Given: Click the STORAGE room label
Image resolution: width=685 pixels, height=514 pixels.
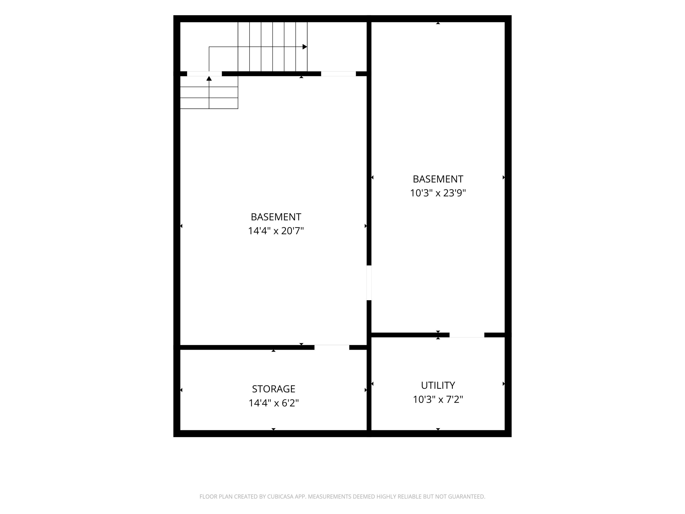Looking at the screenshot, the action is [274, 389].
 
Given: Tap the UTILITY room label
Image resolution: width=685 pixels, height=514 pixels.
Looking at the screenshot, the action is [438, 385].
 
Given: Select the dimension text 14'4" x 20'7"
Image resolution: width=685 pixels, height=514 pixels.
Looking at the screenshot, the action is [276, 231].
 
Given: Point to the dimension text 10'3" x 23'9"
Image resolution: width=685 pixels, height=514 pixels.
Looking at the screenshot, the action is [438, 193].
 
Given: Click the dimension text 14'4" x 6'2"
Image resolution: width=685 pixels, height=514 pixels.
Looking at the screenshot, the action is [274, 403].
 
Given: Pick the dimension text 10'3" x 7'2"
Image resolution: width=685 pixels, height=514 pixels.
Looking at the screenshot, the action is [438, 399].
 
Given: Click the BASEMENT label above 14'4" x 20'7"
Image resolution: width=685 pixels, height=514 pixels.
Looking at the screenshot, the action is [276, 217].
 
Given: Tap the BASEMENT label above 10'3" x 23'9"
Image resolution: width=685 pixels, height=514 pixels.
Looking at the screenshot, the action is [438, 179].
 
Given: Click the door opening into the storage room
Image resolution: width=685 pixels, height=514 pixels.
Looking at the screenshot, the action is [332, 347].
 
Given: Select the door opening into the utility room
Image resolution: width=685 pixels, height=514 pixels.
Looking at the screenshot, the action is [467, 335].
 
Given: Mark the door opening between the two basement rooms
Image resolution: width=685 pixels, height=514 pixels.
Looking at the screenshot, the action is [369, 283].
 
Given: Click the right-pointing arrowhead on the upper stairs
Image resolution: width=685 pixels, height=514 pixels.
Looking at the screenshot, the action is [305, 47].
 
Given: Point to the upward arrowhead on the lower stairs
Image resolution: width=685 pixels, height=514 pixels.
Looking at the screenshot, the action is [209, 78].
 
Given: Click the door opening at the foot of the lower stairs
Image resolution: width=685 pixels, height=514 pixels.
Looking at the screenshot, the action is [204, 74].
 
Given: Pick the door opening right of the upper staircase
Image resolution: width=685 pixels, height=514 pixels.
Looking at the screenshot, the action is [338, 74].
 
